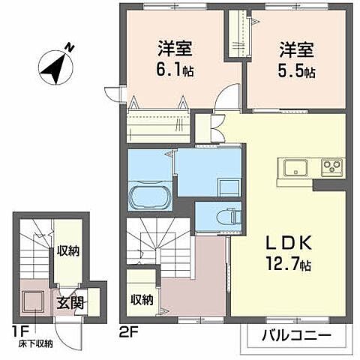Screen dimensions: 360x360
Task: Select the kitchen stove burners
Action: click(331, 165)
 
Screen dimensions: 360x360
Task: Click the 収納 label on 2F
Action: click(142, 299)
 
